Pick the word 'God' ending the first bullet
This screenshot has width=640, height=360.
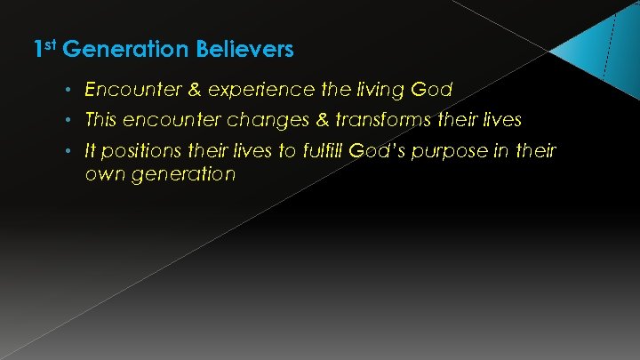tap(433, 90)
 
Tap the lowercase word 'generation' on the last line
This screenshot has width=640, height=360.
tap(182, 174)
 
